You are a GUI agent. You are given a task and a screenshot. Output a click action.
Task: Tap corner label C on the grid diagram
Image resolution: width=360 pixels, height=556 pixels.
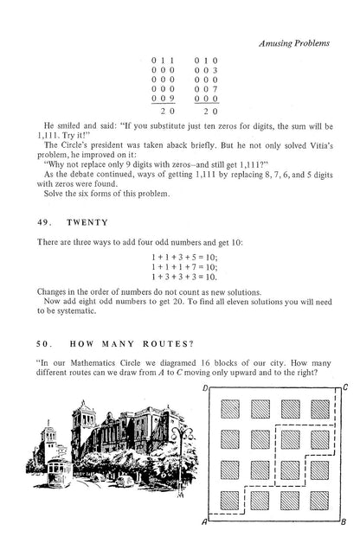click(x=344, y=388)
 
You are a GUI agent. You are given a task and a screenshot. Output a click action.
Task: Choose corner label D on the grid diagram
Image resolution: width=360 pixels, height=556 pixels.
click(x=203, y=388)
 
